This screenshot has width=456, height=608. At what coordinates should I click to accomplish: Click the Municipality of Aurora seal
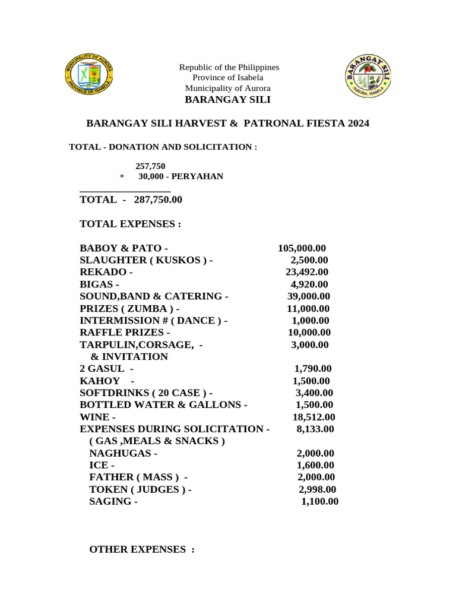pos(88,77)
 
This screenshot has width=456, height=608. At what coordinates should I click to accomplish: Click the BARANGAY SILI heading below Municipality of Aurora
pos(227,99)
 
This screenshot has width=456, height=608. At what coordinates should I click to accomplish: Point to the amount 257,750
pos(150,166)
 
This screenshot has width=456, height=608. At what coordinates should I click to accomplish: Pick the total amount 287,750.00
pos(158,200)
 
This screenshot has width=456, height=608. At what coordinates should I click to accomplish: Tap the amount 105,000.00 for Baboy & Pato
pos(302,248)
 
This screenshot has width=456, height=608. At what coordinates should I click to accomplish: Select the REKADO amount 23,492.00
pos(307,272)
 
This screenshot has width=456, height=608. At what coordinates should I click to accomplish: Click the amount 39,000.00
pos(309,296)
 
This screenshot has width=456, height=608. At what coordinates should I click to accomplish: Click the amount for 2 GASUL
pos(313,369)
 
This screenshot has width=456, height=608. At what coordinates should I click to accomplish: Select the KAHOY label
pos(100,381)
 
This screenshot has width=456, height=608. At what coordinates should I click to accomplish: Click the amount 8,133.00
pos(315,429)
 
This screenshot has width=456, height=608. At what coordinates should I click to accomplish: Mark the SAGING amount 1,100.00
pos(319,502)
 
